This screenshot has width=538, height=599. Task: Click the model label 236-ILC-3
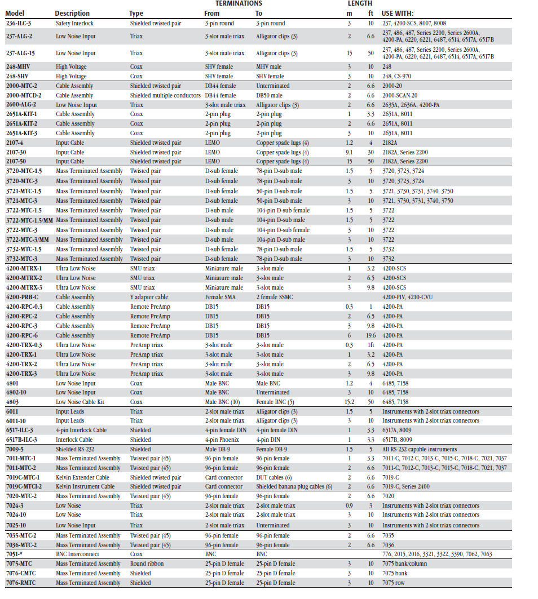point(19,24)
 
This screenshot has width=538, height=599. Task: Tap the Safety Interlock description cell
point(75,24)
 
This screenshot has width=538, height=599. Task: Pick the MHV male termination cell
point(269,66)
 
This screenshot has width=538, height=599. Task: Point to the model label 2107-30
point(16,152)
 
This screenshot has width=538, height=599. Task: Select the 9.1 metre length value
point(350,152)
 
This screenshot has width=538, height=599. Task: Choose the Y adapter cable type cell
point(149,297)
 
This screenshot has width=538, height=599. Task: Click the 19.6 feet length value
point(371,335)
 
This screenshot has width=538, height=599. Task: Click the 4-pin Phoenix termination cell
point(222,440)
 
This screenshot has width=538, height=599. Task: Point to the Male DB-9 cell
point(219,449)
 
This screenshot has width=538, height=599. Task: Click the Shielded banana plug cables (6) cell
point(294,486)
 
